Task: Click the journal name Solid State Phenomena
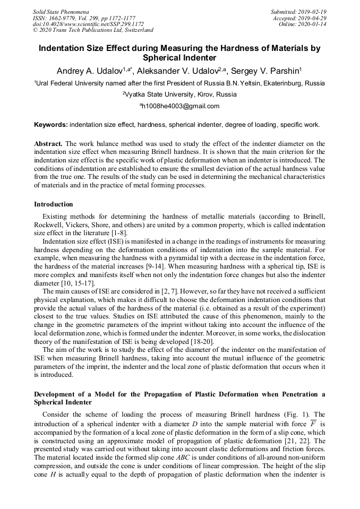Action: tap(61, 12)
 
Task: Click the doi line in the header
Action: tap(88, 24)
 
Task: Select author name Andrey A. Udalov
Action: tap(90, 71)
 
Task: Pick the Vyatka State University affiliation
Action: tap(181, 94)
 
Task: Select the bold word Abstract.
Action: tap(48, 144)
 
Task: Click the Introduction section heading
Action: tap(54, 204)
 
